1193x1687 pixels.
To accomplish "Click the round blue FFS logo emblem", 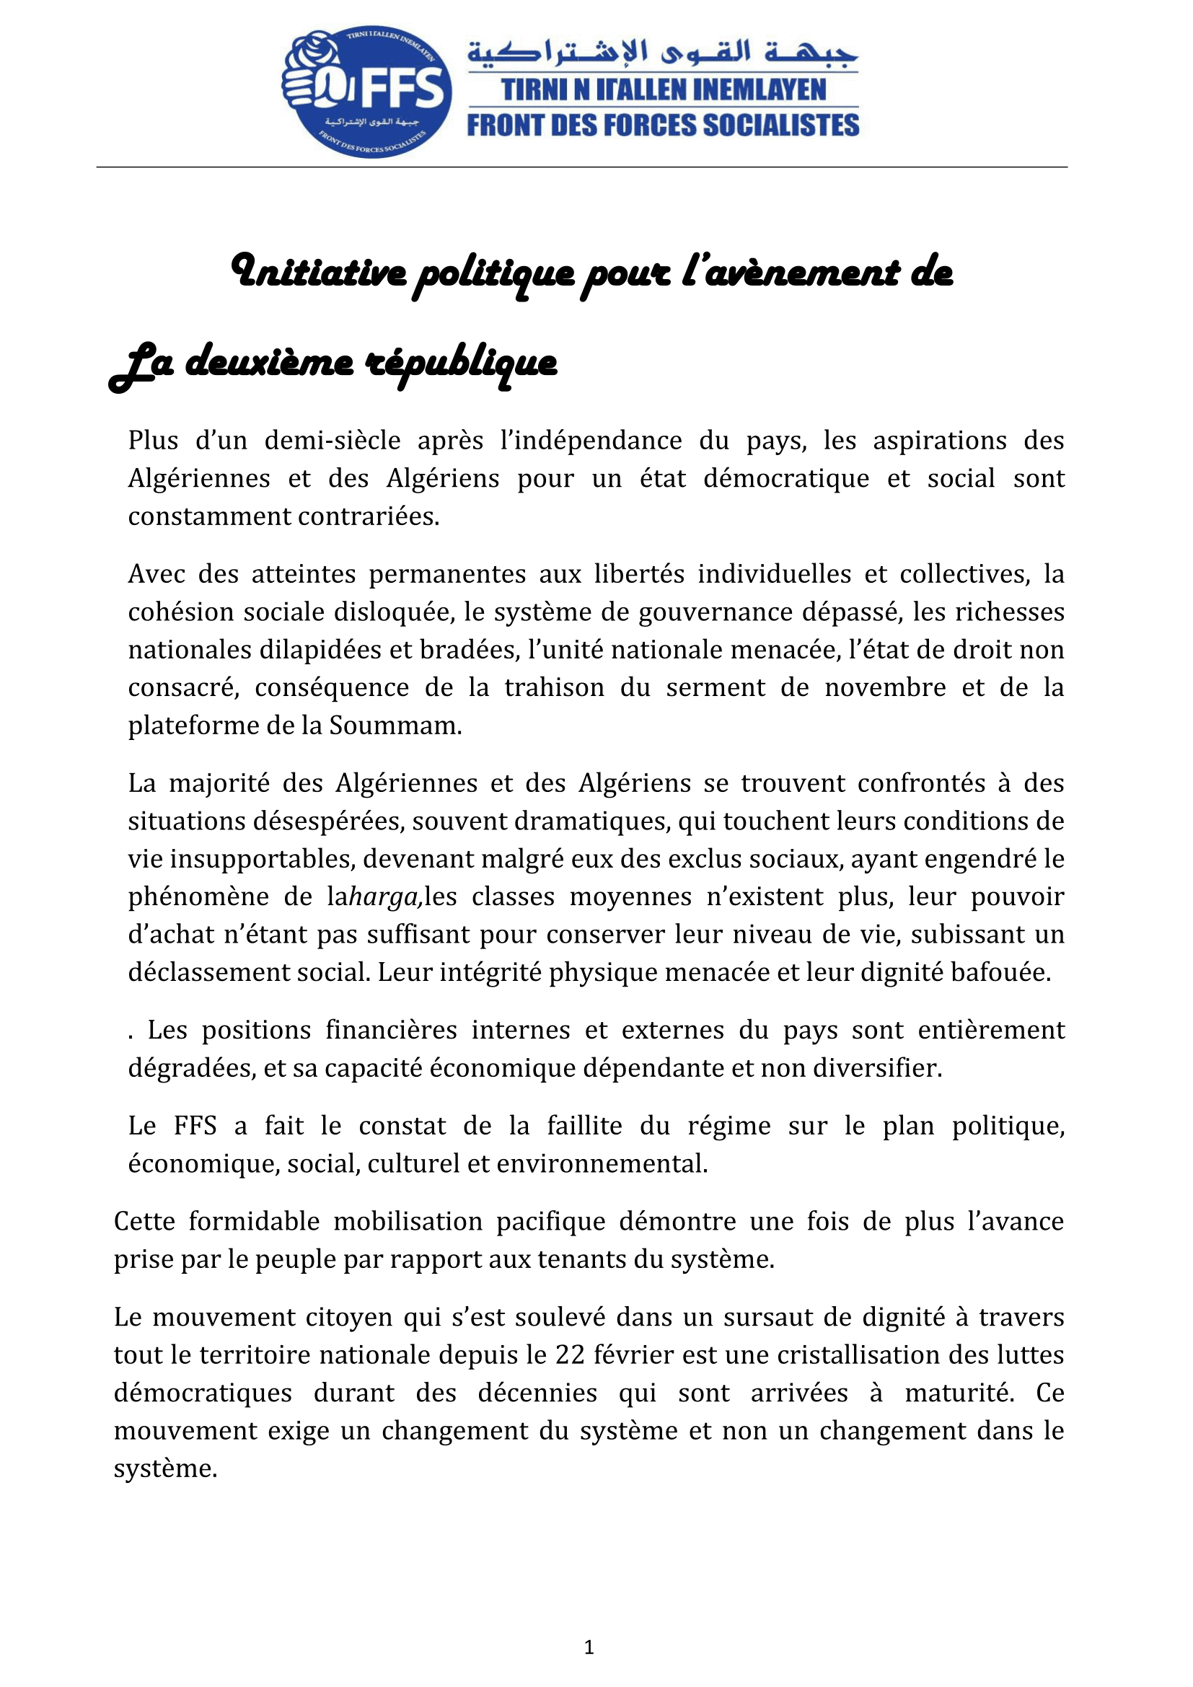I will coord(366,92).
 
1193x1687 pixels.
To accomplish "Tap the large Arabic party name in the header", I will coord(663,53).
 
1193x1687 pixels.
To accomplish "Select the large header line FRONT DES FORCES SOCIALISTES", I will coord(663,125).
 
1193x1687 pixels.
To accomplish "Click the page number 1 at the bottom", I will coord(589,1647).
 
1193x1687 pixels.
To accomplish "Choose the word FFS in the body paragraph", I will coord(195,1126).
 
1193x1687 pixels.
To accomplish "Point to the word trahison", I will coord(554,688).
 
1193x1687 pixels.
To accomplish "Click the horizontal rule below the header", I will coord(582,167).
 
